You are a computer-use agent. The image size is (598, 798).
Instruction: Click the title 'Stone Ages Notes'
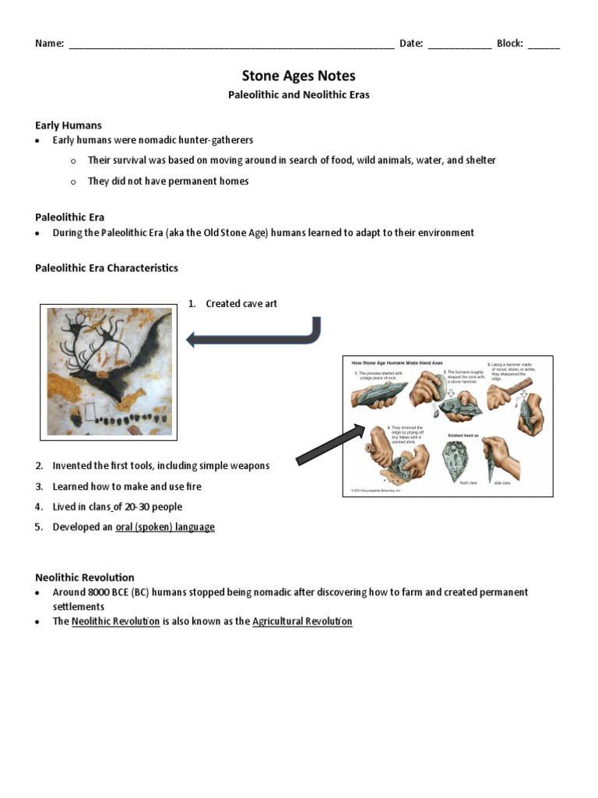click(298, 76)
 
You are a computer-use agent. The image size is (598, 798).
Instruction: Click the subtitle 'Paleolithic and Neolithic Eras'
click(298, 95)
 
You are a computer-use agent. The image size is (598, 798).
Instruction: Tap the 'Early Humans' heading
click(69, 125)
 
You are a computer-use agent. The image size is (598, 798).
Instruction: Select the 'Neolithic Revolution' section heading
click(85, 577)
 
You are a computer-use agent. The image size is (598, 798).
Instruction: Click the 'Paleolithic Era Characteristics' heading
click(107, 268)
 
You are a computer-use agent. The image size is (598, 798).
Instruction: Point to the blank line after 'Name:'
click(231, 44)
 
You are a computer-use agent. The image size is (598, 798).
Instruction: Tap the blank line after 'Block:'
click(543, 44)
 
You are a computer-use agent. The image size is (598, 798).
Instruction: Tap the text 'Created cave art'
click(241, 304)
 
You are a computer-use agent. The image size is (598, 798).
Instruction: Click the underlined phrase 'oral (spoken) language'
click(165, 528)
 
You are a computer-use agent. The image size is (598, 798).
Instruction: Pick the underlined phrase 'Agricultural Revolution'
click(302, 622)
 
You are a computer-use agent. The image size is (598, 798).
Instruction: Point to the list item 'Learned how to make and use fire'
click(127, 486)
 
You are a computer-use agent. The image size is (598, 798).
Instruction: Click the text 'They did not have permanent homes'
click(168, 182)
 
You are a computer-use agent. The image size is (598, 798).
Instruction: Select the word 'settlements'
click(79, 607)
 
